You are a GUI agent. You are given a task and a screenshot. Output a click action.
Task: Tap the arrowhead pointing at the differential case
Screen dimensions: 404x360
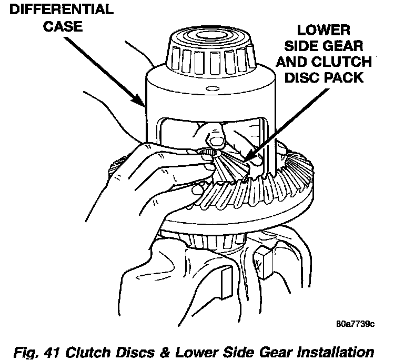pyautogui.click(x=141, y=101)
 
